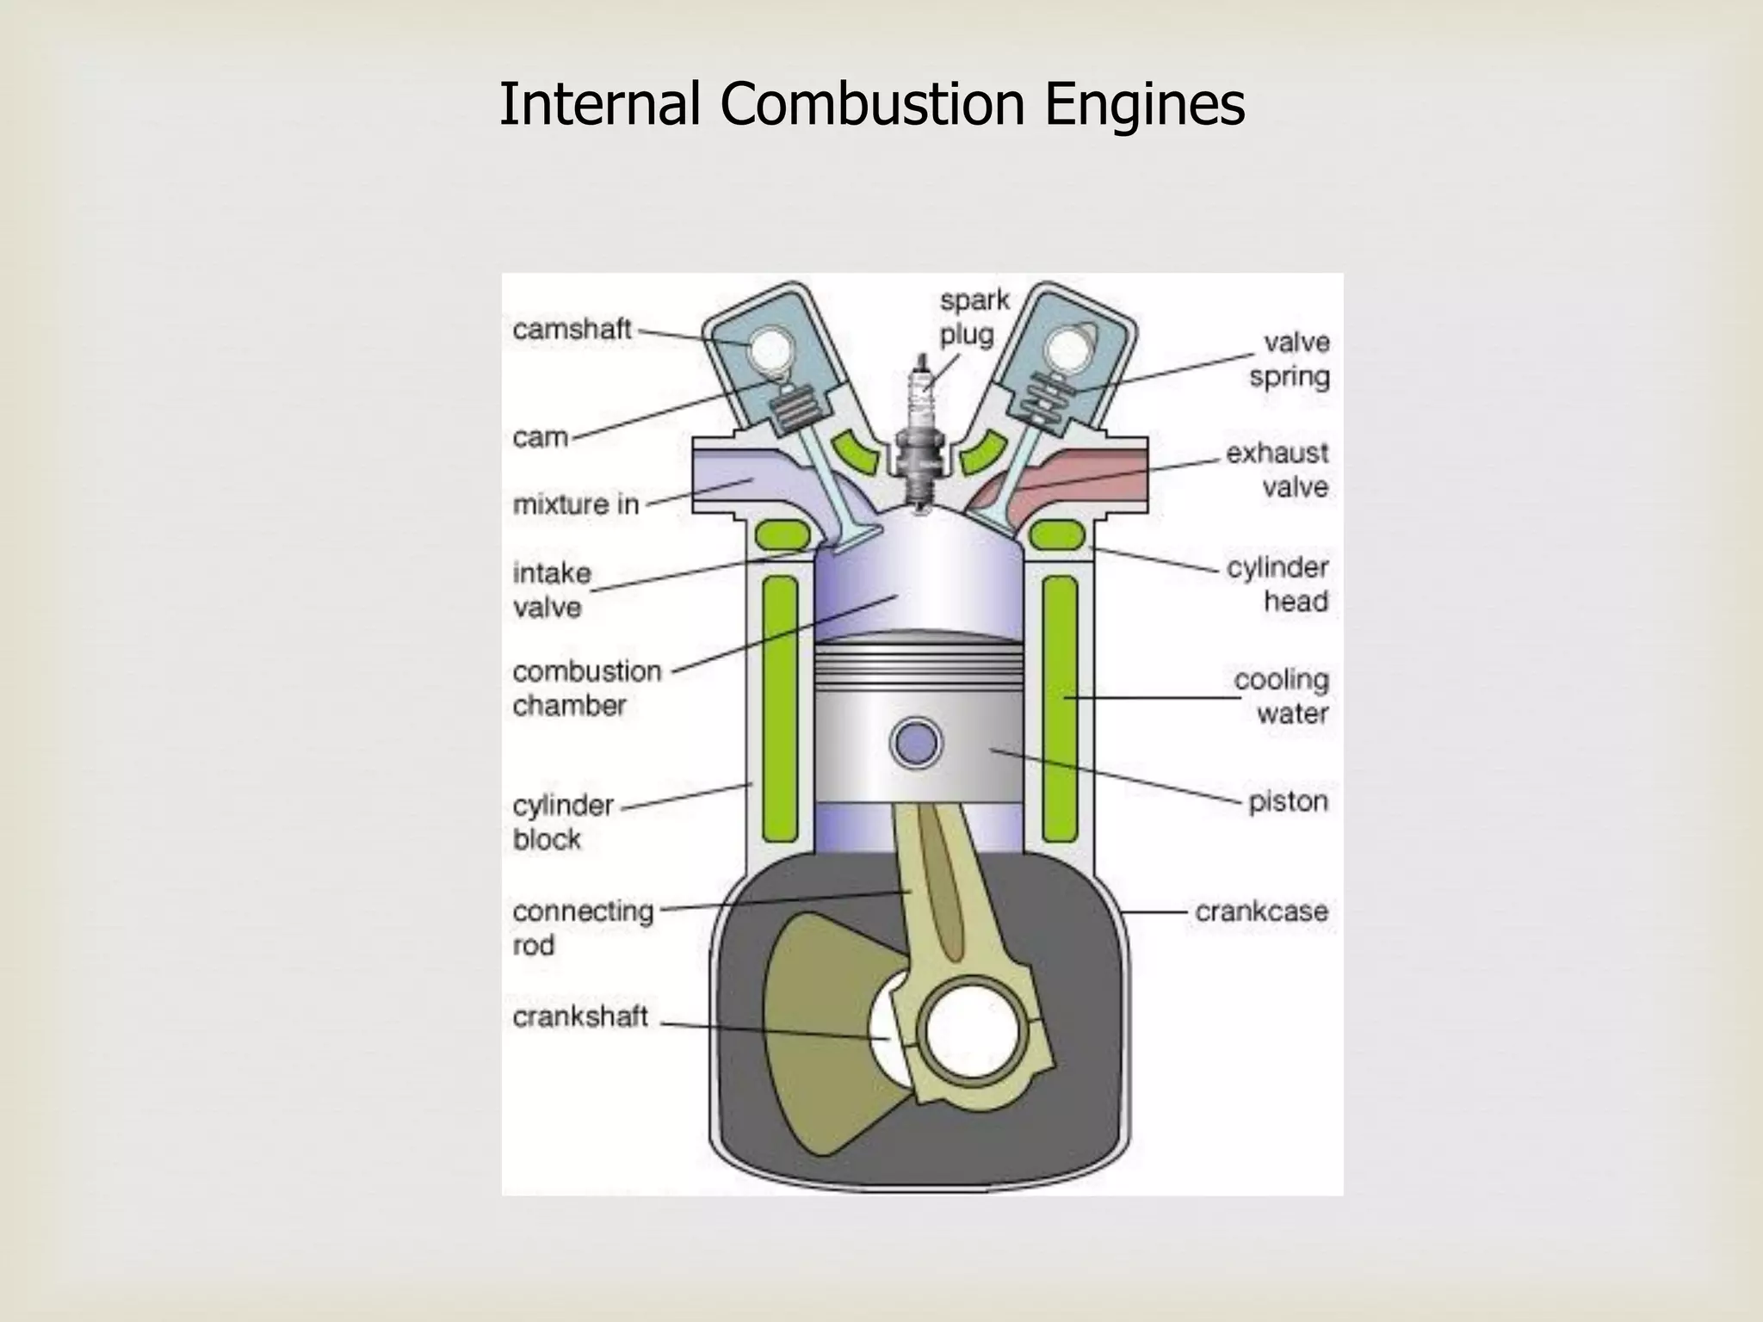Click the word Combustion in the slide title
(x=872, y=104)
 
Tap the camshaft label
(x=572, y=330)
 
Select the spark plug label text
(x=974, y=318)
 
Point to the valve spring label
(x=1290, y=360)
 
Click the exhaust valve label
(x=1277, y=470)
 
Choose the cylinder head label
(x=1277, y=584)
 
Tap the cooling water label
(x=1281, y=696)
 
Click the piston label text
(x=1288, y=801)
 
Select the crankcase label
(x=1261, y=911)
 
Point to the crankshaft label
(x=579, y=1017)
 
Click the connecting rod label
(x=583, y=928)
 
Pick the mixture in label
(x=576, y=504)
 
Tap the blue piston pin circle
(x=915, y=743)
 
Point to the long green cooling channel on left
(x=780, y=708)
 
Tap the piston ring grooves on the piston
(x=919, y=661)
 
